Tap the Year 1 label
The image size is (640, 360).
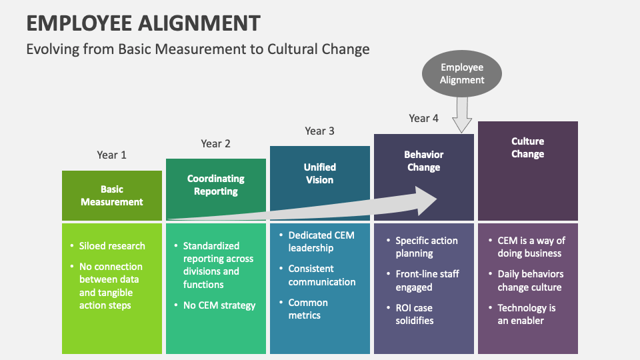[111, 155]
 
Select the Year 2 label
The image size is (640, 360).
[215, 143]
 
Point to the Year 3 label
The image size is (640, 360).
[319, 131]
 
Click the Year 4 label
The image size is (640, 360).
[423, 118]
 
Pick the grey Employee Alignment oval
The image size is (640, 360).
[461, 74]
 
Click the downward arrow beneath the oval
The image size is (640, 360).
[461, 115]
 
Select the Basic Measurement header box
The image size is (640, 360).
[112, 195]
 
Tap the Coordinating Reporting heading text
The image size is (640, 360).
[215, 185]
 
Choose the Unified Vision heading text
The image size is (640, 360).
[319, 173]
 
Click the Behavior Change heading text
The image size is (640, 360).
[423, 161]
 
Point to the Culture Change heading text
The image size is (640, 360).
[527, 147]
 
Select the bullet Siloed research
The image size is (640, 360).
[111, 245]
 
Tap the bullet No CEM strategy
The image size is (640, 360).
[219, 305]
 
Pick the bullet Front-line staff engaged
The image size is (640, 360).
[427, 281]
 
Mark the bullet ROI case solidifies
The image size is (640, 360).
[414, 314]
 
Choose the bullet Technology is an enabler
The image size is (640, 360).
[526, 314]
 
